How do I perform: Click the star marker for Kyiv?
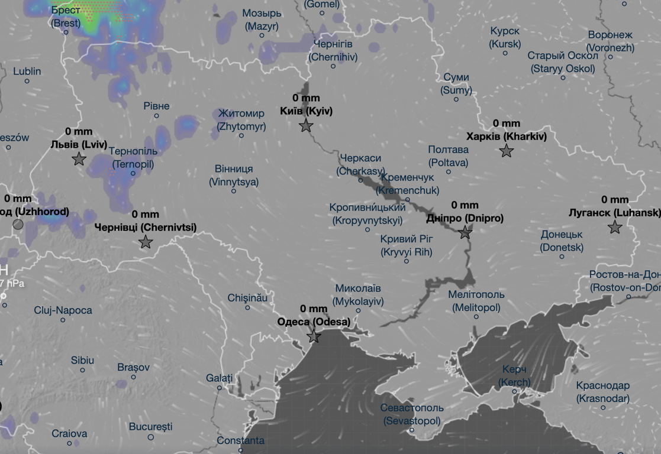[x=306, y=125]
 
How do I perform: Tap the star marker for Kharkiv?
[x=506, y=151]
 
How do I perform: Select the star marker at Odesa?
[x=314, y=337]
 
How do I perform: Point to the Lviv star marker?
[x=79, y=159]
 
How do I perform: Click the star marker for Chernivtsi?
[x=145, y=242]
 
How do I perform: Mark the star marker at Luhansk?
[x=615, y=227]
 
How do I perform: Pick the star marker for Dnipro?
[x=465, y=232]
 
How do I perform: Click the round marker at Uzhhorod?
[x=18, y=224]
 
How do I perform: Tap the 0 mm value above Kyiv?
[x=305, y=98]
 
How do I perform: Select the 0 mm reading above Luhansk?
[x=615, y=200]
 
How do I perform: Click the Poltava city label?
[x=448, y=156]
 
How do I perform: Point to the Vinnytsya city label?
[x=234, y=176]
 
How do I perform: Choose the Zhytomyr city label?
[x=241, y=119]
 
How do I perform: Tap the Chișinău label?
[x=247, y=298]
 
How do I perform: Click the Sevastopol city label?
[x=412, y=414]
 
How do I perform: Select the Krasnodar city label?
[x=602, y=392]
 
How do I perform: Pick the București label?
[x=150, y=426]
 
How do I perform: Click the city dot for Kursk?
[x=505, y=53]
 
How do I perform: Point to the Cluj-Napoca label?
[x=63, y=310]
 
